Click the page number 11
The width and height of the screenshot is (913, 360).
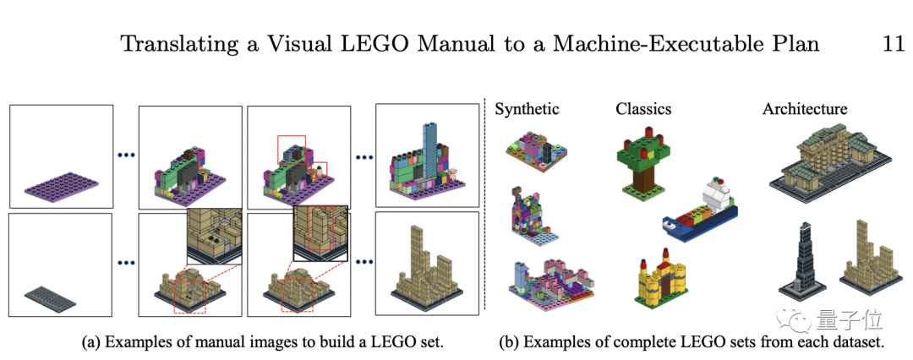point(893,44)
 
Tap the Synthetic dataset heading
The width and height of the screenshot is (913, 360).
point(527,109)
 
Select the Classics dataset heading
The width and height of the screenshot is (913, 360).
point(643,109)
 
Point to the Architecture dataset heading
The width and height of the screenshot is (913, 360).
point(804,109)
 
